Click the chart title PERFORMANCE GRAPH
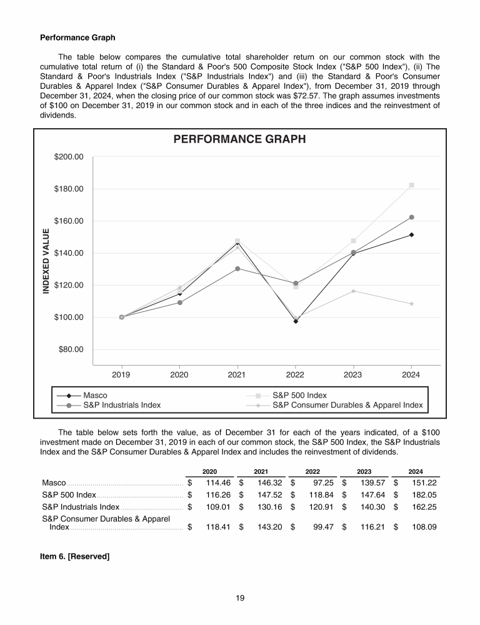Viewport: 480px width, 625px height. tap(239, 139)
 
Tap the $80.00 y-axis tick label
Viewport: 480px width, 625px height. tap(71, 349)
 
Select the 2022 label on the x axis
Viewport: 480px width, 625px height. tap(295, 375)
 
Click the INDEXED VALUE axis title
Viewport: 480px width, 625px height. tap(46, 262)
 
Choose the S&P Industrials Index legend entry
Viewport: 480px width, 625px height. tap(122, 405)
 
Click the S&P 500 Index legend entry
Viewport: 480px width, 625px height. tap(299, 396)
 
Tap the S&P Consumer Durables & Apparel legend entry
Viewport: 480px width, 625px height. tap(347, 405)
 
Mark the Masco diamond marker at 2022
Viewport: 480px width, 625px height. tap(296, 321)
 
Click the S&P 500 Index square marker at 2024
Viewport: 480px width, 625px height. tap(411, 185)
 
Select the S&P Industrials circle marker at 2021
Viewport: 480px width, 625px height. tap(237, 269)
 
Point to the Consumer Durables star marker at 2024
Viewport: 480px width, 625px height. tap(411, 304)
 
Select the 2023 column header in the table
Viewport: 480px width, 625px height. tap(364, 471)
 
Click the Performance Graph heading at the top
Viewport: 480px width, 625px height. tap(77, 37)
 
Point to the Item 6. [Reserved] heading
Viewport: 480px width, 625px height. tap(75, 556)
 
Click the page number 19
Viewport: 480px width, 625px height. tap(240, 598)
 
